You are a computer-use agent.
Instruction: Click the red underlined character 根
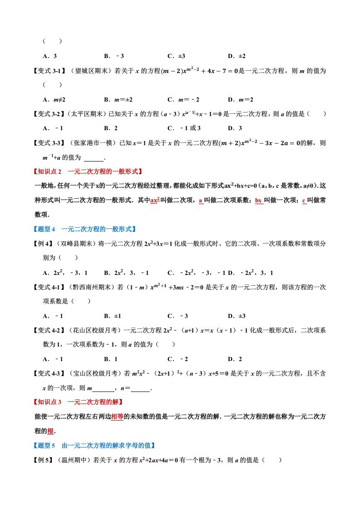coord(51,431)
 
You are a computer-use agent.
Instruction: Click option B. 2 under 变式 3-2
coord(111,128)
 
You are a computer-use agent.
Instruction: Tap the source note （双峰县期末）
coord(78,244)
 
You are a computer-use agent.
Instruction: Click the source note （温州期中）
coord(75,460)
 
